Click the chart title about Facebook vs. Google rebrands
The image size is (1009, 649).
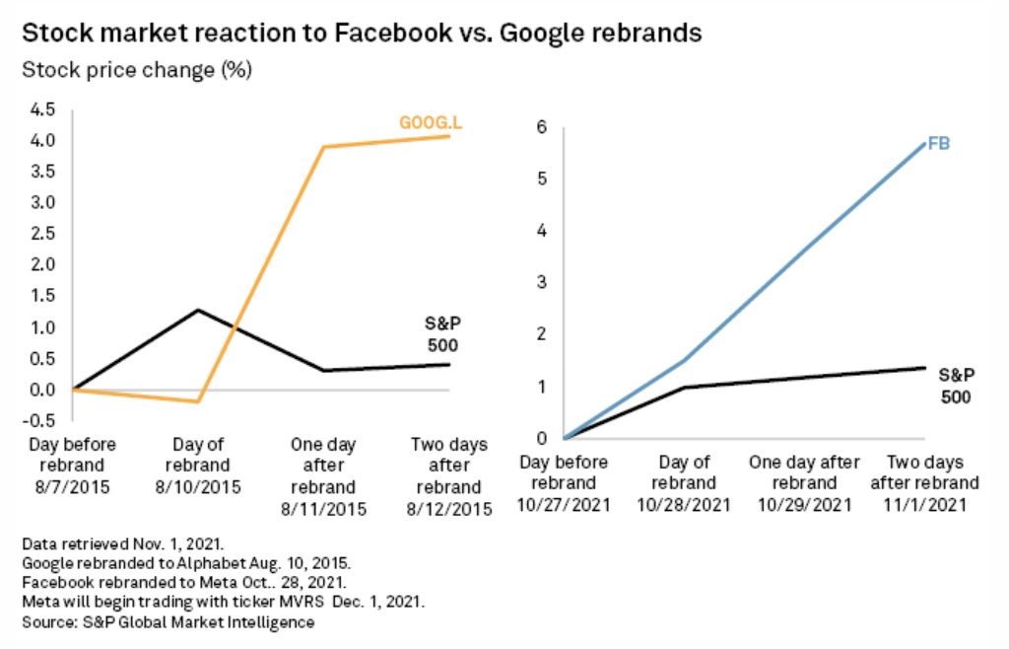pyautogui.click(x=361, y=33)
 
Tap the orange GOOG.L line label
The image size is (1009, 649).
pyautogui.click(x=431, y=123)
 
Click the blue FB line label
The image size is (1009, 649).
pyautogui.click(x=938, y=145)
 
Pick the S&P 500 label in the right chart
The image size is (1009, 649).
pyautogui.click(x=955, y=387)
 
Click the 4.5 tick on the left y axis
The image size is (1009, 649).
pyautogui.click(x=42, y=109)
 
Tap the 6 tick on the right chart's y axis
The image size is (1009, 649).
pyautogui.click(x=540, y=127)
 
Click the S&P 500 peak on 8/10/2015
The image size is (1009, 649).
pyautogui.click(x=200, y=311)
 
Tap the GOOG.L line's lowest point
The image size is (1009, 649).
pyautogui.click(x=200, y=401)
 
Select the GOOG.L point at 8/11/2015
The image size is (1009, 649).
pyautogui.click(x=325, y=147)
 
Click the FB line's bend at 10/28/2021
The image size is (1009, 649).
pyautogui.click(x=685, y=361)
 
